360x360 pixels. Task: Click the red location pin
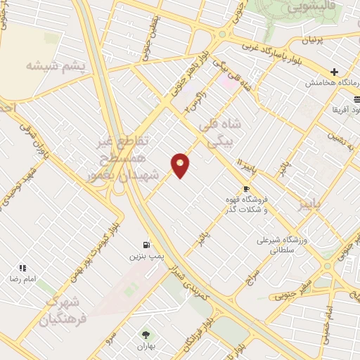point(181,165)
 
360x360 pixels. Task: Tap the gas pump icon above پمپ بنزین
point(146,245)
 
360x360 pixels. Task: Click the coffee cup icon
point(246,188)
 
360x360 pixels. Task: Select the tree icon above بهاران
point(146,335)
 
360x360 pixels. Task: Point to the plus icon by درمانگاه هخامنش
point(335,72)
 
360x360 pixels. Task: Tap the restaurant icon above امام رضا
point(23,268)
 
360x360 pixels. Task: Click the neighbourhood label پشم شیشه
point(54,65)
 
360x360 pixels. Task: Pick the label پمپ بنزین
point(142,257)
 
